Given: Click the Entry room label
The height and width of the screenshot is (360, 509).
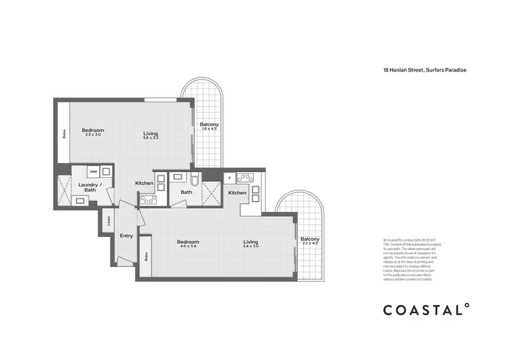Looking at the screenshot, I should [x=127, y=236].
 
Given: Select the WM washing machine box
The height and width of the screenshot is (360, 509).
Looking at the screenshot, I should [x=93, y=172].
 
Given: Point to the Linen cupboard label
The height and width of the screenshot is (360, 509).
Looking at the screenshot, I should [x=108, y=220].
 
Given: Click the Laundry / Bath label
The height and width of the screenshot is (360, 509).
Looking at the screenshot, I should [x=90, y=187].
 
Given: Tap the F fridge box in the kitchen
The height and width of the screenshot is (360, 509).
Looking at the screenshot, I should [x=230, y=178].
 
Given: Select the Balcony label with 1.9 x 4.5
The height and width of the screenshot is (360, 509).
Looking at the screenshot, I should [x=208, y=126].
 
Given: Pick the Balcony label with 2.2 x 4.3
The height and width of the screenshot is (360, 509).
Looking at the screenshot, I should [x=309, y=241].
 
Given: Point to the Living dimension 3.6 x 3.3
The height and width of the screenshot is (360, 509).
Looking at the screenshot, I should [x=151, y=138].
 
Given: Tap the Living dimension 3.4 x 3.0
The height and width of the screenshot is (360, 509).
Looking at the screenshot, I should [x=252, y=247].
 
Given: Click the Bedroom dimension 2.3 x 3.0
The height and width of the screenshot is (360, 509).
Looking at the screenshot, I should [x=93, y=134].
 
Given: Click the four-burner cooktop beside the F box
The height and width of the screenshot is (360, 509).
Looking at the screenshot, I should [x=246, y=179].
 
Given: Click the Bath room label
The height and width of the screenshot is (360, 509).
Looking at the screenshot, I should [x=186, y=192].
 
